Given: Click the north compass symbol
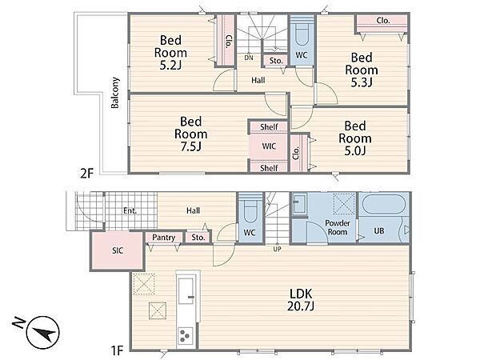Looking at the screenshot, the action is coord(42,333).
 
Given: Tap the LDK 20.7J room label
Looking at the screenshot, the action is coord(301,300).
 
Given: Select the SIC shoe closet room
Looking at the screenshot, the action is coord(118,251).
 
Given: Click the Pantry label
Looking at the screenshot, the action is coord(164,238).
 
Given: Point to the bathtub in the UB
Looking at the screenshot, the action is coord(384,204).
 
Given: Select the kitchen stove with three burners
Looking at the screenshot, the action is coord(186,336).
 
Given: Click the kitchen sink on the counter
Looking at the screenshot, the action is coord(186,291).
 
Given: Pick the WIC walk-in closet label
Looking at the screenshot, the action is coord(269,146).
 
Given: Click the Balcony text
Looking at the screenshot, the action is coord(115,93).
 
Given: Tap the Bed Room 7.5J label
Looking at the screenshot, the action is coord(190,134).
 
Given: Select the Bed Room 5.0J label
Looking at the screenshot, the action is coord(355,138).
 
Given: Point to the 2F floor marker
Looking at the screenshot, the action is coord(86,174).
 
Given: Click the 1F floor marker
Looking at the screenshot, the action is coord(116,350).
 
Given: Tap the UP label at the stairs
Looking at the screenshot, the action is coord(277,249).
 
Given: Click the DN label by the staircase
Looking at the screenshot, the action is coord(249,58).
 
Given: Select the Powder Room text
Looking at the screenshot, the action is coord(338,227).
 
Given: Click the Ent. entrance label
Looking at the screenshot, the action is coord(130,211).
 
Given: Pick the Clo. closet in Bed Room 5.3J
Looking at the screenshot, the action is coord(382,25).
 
